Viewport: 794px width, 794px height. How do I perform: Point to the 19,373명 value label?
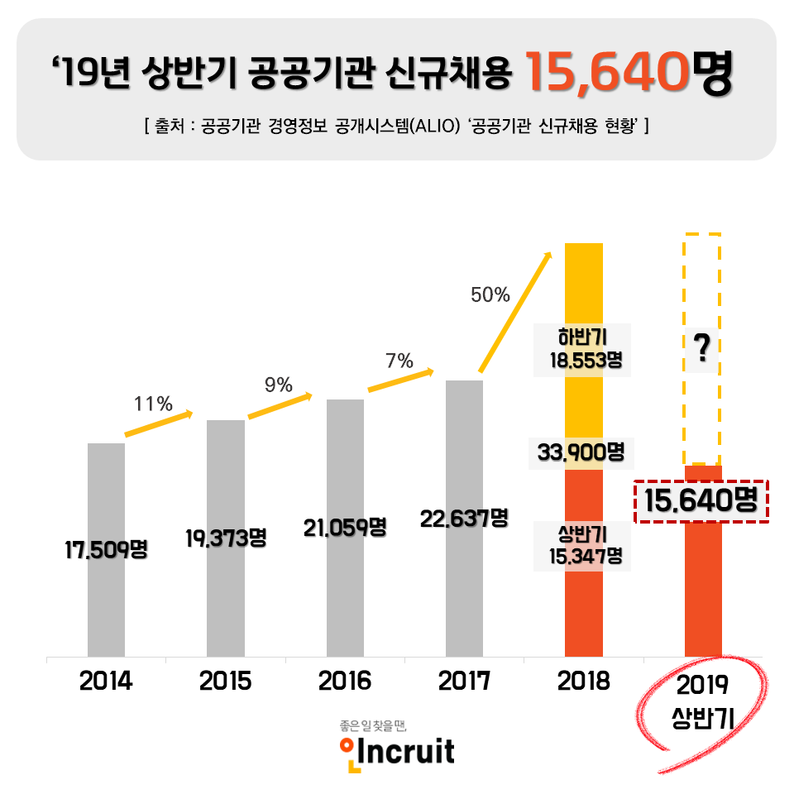pos(225,538)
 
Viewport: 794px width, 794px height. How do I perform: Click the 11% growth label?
pos(153,404)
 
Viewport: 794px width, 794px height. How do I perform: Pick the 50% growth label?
pos(490,294)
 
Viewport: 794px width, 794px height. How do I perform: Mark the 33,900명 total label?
pos(581,452)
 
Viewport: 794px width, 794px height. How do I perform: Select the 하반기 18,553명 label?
pos(583,349)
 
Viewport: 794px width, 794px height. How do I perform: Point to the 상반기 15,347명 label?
pos(583,545)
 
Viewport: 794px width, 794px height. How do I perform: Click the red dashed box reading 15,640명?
pos(701,500)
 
